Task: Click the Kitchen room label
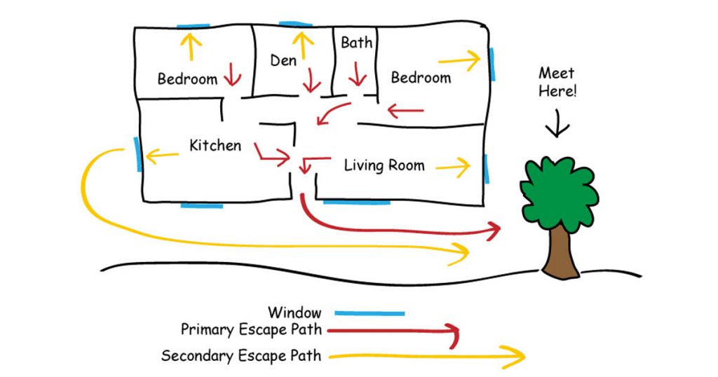[215, 146]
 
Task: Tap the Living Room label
[384, 165]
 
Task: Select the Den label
[283, 61]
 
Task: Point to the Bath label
[357, 43]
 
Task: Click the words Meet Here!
[557, 82]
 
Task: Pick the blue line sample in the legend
[370, 313]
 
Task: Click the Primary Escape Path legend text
[250, 329]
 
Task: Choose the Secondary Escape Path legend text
[241, 356]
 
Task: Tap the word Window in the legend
[294, 313]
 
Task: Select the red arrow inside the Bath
[358, 72]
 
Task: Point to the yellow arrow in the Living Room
[452, 167]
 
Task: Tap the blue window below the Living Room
[356, 202]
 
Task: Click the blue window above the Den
[294, 24]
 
